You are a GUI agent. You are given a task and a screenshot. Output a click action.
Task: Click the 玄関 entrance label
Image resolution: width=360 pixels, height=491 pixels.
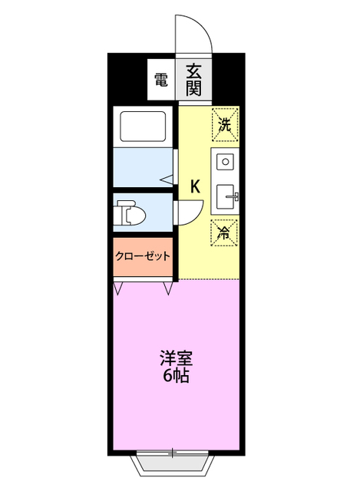193,77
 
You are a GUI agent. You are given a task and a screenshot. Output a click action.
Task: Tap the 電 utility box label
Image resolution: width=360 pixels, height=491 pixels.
160,78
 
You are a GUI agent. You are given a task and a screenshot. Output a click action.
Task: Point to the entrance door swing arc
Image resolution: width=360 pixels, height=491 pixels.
193,35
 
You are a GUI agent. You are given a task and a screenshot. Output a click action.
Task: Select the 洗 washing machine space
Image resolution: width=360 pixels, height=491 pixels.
224,124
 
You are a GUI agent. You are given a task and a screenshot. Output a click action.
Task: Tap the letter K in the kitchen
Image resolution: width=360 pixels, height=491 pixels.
195,186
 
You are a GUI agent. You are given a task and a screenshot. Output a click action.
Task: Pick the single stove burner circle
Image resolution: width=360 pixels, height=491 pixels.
225,162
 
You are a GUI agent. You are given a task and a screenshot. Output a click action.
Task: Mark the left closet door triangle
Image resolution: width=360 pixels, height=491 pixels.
118,288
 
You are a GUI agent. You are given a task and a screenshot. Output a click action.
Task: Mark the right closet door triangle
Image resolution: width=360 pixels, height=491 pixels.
168,288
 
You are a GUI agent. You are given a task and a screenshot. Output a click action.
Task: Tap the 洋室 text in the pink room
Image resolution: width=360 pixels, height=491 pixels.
176,358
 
